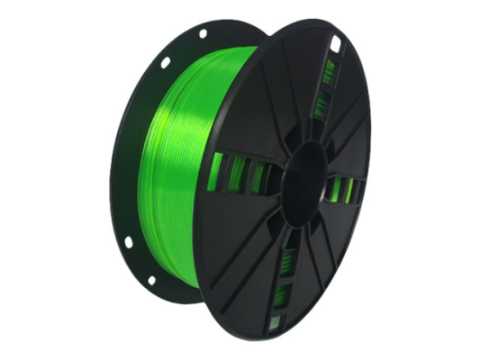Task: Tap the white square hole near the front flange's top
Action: click(x=335, y=42)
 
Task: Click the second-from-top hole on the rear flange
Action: click(x=165, y=62)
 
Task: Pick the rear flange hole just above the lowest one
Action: click(x=128, y=241)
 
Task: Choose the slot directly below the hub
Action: click(x=286, y=261)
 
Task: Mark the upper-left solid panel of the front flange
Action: click(x=261, y=99)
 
